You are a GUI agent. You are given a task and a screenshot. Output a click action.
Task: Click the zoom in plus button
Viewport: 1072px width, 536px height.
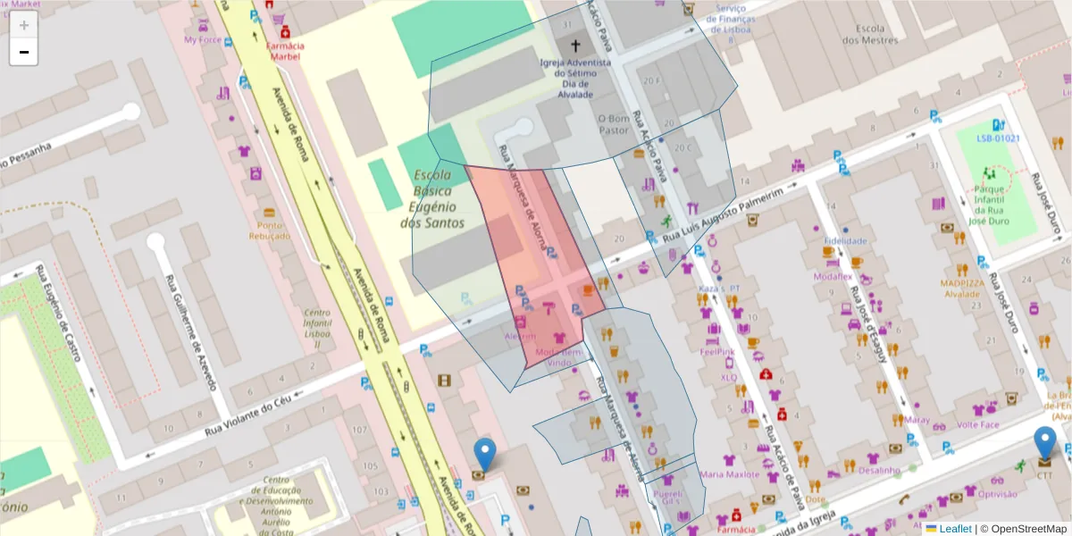(23, 25)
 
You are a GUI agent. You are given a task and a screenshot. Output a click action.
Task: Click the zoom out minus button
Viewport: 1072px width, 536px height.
(23, 52)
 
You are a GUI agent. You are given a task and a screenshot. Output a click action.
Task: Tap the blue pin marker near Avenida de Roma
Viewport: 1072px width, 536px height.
(485, 454)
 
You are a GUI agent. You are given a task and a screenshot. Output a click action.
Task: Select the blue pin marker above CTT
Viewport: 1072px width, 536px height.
(1044, 443)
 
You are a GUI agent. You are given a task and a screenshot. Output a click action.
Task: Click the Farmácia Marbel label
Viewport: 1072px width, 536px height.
(285, 51)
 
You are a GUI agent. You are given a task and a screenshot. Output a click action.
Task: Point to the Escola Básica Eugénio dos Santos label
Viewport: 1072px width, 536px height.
(432, 198)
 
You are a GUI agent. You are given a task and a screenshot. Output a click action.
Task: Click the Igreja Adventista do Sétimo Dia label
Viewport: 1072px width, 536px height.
(575, 78)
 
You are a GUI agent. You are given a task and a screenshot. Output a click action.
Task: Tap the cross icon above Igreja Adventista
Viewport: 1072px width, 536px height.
(575, 46)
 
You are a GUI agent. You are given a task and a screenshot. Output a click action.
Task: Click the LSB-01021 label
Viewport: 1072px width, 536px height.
(997, 139)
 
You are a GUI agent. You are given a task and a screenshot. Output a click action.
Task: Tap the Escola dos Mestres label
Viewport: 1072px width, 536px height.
(869, 34)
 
